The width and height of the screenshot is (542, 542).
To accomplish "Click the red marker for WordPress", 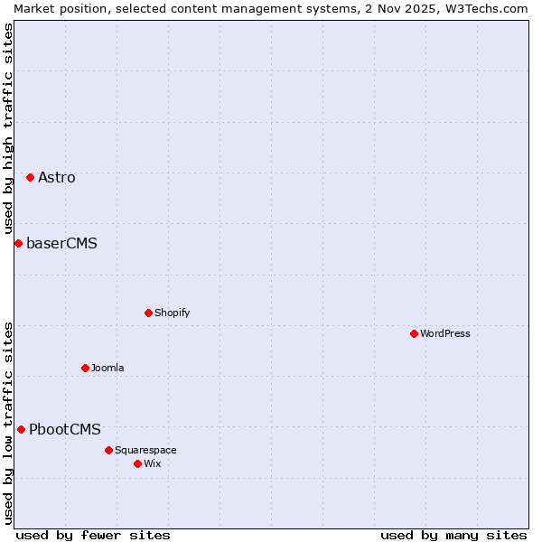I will click(x=414, y=333).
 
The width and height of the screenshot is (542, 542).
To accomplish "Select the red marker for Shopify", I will click(x=148, y=313).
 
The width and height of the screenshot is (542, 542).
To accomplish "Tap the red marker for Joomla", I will click(x=85, y=368).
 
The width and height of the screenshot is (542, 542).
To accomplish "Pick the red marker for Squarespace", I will click(x=108, y=450).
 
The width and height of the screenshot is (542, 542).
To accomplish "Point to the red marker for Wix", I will click(x=137, y=463).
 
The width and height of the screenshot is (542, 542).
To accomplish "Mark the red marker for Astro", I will click(x=30, y=177).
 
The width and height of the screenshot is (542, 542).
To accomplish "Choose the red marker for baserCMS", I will click(x=18, y=243).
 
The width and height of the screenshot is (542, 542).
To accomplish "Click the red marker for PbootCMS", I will click(x=21, y=429).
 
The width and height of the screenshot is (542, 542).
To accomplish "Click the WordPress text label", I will click(x=445, y=333).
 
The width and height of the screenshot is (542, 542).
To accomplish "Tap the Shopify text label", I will click(x=172, y=313).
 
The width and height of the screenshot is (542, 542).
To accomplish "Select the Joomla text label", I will click(x=107, y=368).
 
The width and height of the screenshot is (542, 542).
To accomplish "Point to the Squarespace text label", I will click(x=145, y=450).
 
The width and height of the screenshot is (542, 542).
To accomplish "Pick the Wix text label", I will click(x=152, y=463).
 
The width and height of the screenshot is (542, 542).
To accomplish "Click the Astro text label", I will click(x=57, y=177).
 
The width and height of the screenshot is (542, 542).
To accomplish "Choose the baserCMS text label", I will click(x=61, y=243).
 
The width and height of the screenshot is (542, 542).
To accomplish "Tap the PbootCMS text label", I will click(x=65, y=429).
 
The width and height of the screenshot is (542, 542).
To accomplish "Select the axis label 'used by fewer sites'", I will click(x=93, y=535).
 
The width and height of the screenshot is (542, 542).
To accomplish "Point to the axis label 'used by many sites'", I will click(x=453, y=535).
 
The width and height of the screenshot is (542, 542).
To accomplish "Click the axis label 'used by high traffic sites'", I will click(x=8, y=127).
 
